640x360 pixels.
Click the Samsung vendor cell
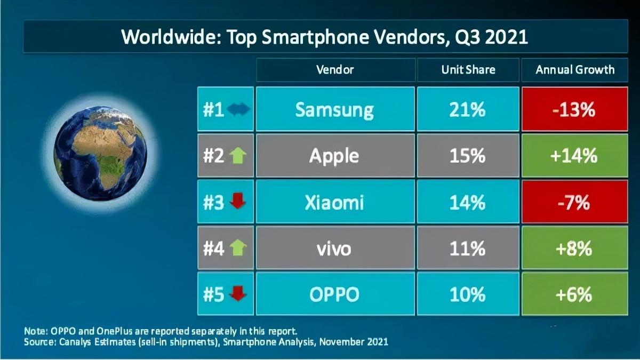coord(335,110)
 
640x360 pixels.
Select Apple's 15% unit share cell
coord(468,156)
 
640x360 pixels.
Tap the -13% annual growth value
coord(574,110)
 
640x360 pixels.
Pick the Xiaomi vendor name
coord(334,203)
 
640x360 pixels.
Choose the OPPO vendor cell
coord(335,294)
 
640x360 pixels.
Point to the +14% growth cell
coord(574,156)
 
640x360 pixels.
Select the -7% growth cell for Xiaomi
coord(574,203)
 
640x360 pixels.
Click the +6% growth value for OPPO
coord(574,294)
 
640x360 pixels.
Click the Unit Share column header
coord(468,70)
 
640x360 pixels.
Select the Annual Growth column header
coord(574,70)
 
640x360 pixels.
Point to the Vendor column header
coord(335,70)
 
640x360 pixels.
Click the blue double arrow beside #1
coord(238,110)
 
